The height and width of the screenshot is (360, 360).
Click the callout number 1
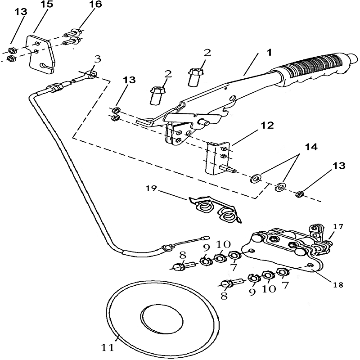[x=269, y=52]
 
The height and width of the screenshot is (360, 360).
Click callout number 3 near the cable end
[x=97, y=60]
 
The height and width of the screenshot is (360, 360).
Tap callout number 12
[x=267, y=126]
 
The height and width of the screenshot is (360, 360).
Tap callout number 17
[x=338, y=226]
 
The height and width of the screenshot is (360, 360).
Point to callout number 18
[x=338, y=285]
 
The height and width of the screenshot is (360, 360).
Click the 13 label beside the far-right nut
[x=338, y=166]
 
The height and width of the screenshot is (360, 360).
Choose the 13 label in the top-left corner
[x=21, y=11]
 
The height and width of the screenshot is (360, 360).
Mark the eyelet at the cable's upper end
[x=92, y=74]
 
